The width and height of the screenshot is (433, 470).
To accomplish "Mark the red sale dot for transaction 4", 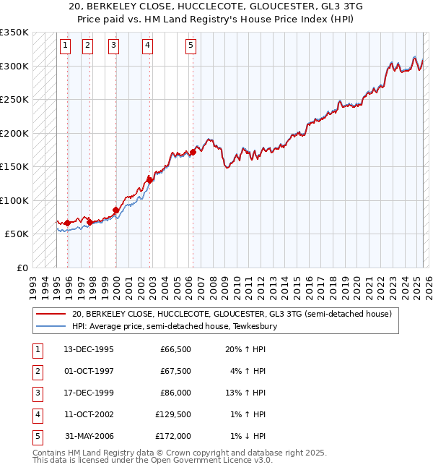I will (149, 179).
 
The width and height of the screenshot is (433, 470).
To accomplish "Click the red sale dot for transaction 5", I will (193, 152).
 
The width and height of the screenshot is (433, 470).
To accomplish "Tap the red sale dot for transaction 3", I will (116, 210).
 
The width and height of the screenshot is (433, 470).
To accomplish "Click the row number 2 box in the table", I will (36, 371).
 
